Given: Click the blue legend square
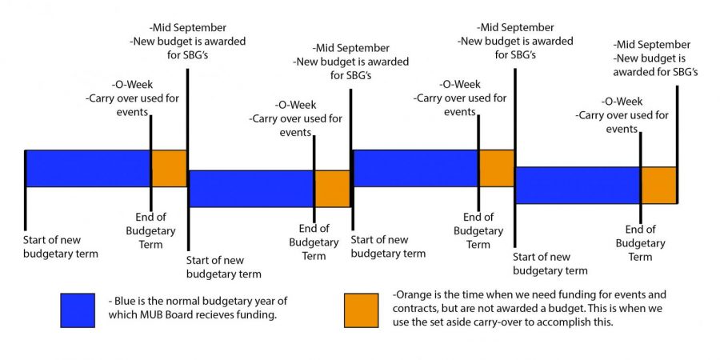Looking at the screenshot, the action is coord(78,310).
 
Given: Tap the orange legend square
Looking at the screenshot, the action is coord(362,310).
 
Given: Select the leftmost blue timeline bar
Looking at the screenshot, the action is coord(88,168).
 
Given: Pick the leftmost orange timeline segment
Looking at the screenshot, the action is coord(169,168).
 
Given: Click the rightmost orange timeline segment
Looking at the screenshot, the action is coord(659,185).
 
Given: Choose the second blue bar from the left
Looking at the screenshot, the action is coord(251,188).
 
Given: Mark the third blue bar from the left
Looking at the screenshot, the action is coord(415,168).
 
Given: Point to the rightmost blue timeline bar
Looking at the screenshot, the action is coord(578,185).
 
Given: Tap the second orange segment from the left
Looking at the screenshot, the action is coord(333,188).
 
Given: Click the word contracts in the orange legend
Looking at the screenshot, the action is coord(414,309).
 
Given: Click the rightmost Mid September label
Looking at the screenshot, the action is coord(651,45).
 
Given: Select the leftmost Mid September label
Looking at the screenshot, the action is coord(187,27).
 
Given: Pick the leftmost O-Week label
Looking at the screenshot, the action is coord(132,85).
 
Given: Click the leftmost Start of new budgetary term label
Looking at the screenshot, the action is coord(61,246).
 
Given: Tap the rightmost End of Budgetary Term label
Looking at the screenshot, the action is coord(640,243).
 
